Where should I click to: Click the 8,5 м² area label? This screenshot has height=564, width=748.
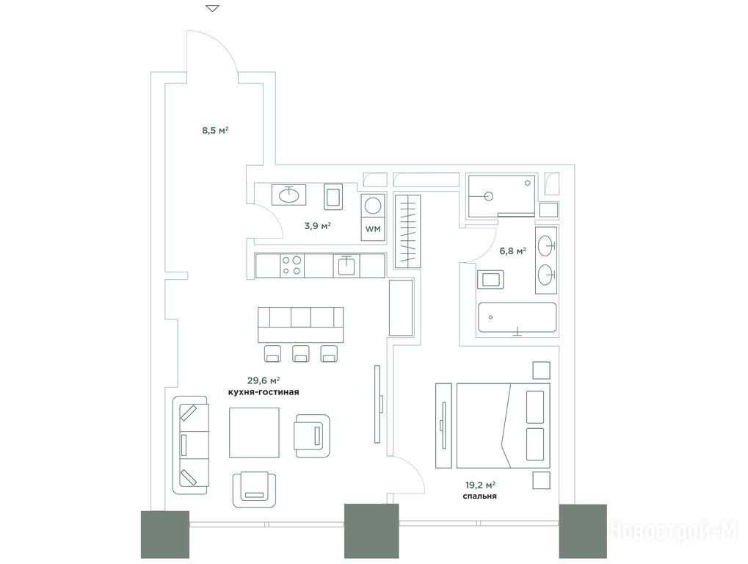tap(215, 130)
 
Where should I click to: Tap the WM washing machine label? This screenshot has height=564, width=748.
tap(373, 229)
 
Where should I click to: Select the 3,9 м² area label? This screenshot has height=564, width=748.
tap(318, 225)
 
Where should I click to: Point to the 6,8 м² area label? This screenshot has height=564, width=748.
tap(513, 250)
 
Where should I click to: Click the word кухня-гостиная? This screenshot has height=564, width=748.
tap(264, 392)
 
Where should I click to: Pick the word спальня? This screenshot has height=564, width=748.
tap(479, 496)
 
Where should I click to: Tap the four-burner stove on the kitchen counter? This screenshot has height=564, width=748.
tap(292, 265)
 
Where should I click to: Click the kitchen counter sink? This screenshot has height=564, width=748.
tap(346, 265)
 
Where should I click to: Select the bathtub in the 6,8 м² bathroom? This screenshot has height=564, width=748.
tap(517, 317)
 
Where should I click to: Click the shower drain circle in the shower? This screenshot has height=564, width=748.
tap(488, 195)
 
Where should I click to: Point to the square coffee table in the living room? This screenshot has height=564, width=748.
tap(254, 433)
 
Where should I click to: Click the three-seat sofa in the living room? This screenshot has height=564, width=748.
tap(191, 445)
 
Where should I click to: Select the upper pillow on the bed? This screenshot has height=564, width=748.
tap(535, 407)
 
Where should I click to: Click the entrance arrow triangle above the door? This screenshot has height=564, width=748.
tap(213, 8)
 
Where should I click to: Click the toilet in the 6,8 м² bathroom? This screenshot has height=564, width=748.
tap(490, 278)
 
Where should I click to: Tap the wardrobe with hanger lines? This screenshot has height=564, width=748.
tap(407, 231)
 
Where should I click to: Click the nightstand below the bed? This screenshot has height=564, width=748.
tap(542, 480)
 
